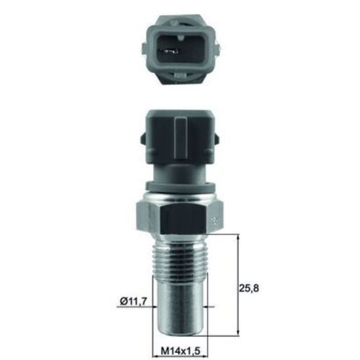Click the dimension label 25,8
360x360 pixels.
coord(249,289)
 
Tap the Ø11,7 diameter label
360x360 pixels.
coord(133,301)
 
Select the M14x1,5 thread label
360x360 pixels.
coord(181,351)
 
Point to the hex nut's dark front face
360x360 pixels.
coord(183,219)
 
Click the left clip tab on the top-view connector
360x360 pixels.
coord(144,49)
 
